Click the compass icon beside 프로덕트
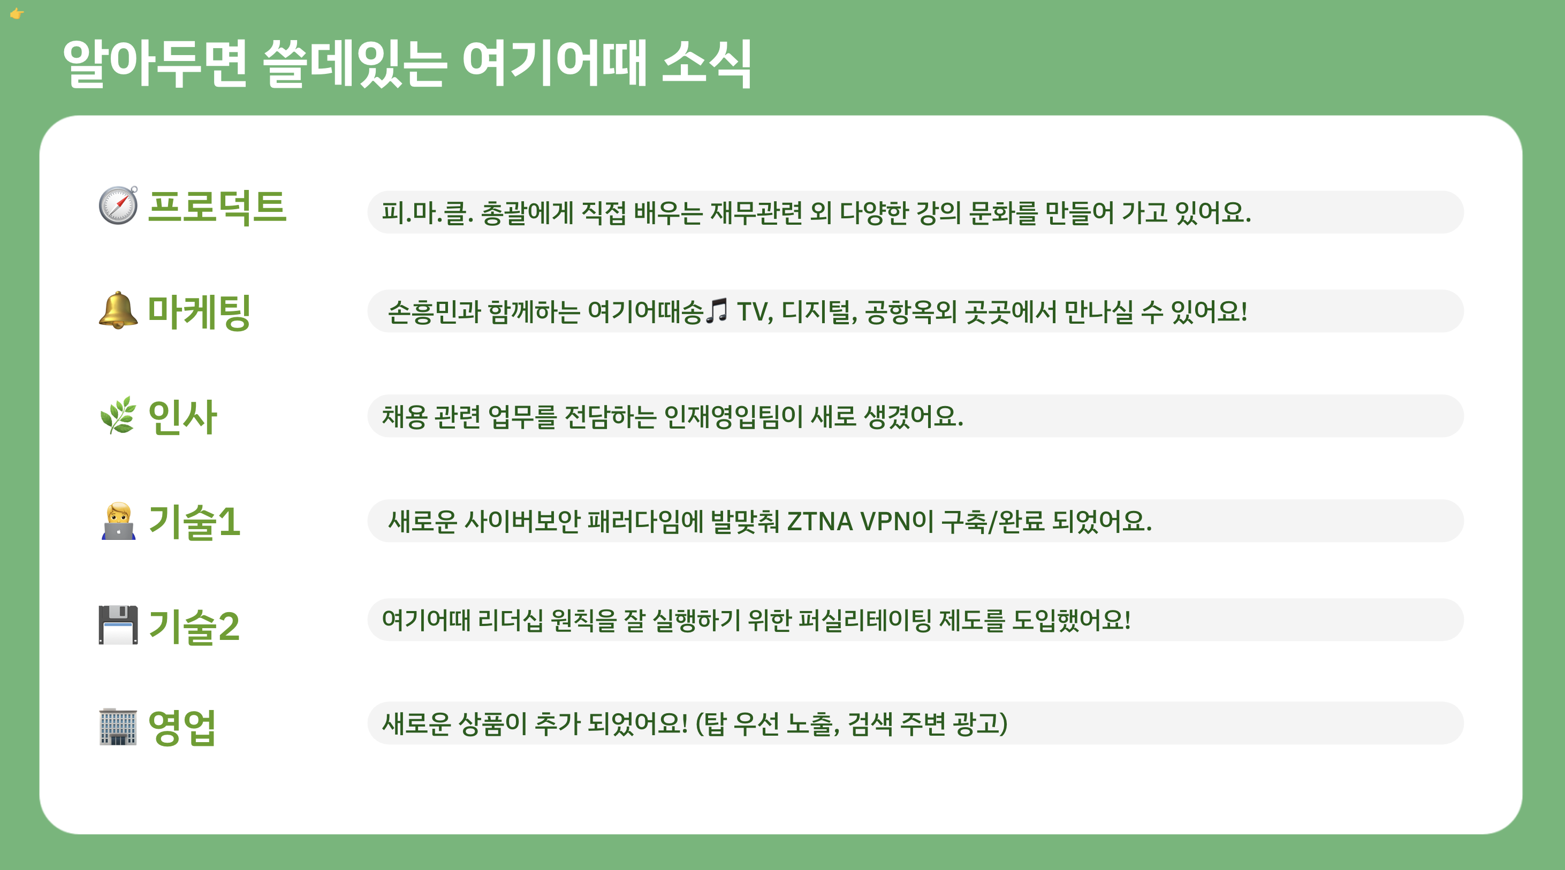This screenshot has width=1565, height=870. [x=118, y=205]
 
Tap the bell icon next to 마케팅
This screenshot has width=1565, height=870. [x=118, y=310]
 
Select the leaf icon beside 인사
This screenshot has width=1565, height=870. [x=118, y=416]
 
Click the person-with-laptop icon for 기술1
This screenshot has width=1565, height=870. [x=118, y=521]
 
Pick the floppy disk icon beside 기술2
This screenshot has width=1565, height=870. [x=118, y=624]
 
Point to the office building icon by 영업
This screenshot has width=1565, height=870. [x=118, y=727]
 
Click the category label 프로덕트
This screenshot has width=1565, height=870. [x=217, y=207]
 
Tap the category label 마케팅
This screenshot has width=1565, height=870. [x=199, y=311]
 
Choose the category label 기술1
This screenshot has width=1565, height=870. [x=194, y=522]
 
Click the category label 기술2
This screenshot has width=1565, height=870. [x=194, y=627]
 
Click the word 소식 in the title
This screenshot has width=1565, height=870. [x=706, y=63]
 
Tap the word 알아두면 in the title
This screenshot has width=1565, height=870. [x=155, y=63]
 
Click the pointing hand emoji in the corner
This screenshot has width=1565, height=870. [x=17, y=13]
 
